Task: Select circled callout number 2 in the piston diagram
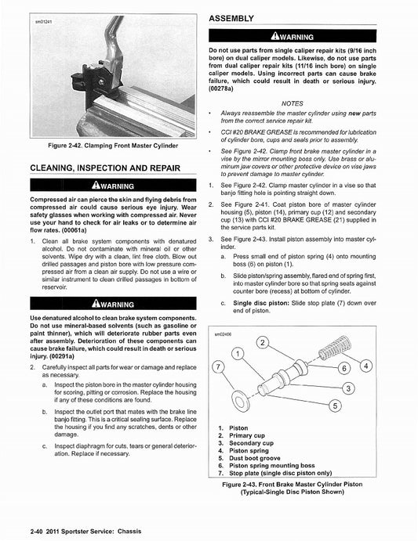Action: pos(264,344)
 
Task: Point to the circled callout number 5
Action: pos(335,405)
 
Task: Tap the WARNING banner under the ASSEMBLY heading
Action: pos(314,36)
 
